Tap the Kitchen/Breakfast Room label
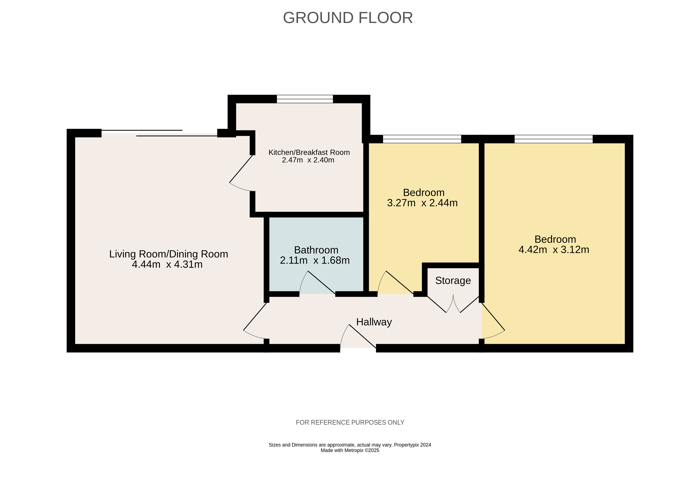click(x=309, y=152)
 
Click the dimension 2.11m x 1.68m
click(x=315, y=260)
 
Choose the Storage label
click(x=453, y=281)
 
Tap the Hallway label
click(x=374, y=322)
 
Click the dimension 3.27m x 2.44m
click(x=422, y=203)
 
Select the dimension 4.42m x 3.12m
click(x=554, y=249)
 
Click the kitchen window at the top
click(x=305, y=99)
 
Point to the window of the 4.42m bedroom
click(x=554, y=139)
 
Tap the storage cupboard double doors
click(x=453, y=304)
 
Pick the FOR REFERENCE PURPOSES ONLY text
click(x=350, y=422)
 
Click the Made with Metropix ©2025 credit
click(x=350, y=450)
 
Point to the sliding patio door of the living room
click(x=159, y=133)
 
